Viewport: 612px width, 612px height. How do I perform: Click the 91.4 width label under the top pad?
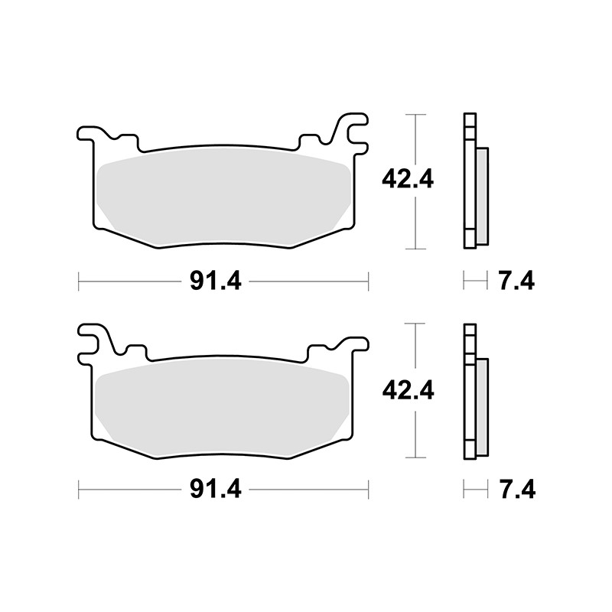216,282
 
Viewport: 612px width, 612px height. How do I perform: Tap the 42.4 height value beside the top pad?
408,181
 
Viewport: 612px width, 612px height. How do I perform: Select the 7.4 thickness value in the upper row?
516,282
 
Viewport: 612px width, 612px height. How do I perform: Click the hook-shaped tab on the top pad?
354,130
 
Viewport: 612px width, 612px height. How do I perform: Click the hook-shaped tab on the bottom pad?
93,340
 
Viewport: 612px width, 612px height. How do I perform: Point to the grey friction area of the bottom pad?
222,405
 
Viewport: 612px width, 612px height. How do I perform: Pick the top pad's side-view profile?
470,181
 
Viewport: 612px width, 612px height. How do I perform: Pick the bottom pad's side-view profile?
470,392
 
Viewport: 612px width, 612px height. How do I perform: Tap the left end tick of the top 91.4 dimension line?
80,282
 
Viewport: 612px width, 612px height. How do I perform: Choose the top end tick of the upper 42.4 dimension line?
414,115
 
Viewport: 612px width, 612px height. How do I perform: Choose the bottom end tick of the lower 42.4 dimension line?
414,457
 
